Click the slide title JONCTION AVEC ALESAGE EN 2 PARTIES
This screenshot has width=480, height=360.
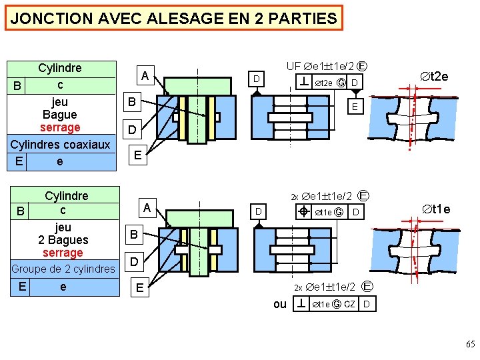[174, 18]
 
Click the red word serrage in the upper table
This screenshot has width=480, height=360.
[60, 127]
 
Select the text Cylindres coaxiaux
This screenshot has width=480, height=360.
[60, 145]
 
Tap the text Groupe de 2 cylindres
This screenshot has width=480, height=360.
[63, 269]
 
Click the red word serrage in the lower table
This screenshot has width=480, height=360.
[63, 253]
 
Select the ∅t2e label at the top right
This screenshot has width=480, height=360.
[433, 77]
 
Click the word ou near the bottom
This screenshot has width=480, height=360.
[280, 304]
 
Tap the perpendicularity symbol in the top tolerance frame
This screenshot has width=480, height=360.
[303, 83]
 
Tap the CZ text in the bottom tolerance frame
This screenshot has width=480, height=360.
[349, 305]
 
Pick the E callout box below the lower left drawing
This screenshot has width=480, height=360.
[137, 287]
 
